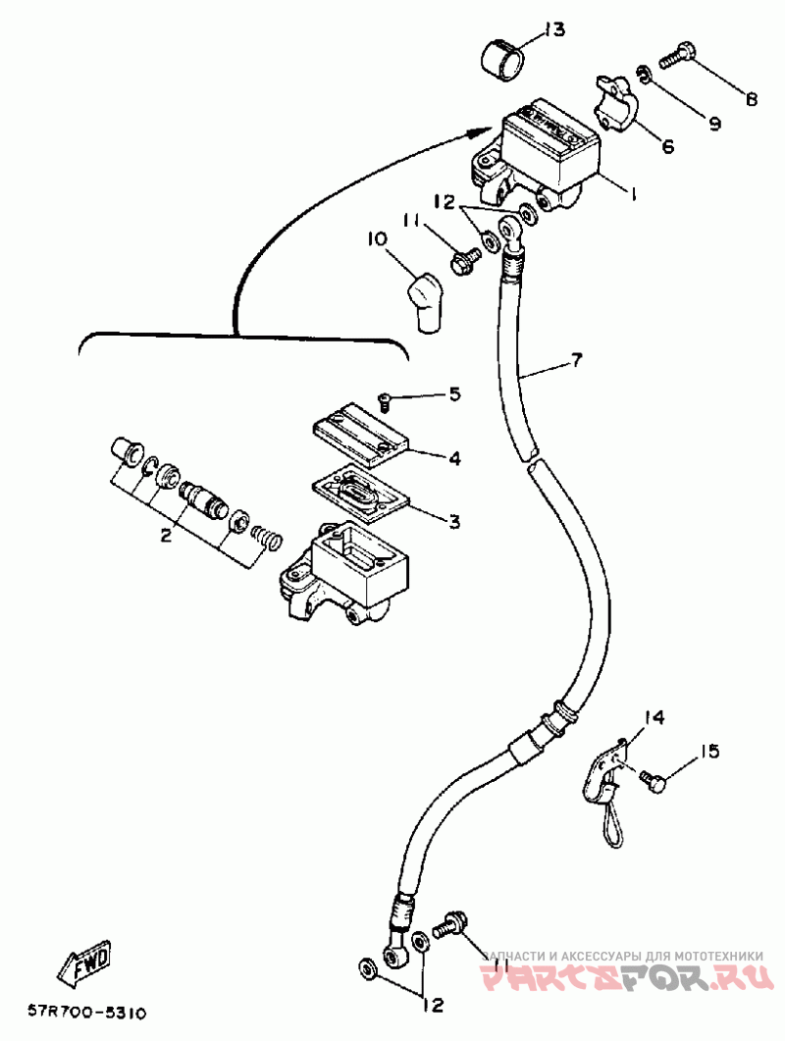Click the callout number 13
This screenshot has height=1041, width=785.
552,29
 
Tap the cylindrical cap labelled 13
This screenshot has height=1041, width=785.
502,61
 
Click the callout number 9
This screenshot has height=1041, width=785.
714,124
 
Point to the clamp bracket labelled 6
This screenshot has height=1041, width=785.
615,103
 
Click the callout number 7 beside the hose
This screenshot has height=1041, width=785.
576,360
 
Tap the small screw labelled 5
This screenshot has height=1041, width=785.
384,398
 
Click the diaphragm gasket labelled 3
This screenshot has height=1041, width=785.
359,497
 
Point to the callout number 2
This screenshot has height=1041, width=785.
166,535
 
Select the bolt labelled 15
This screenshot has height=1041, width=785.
653,779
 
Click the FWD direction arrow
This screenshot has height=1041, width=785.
83,962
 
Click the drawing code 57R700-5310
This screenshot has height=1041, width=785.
86,1014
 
